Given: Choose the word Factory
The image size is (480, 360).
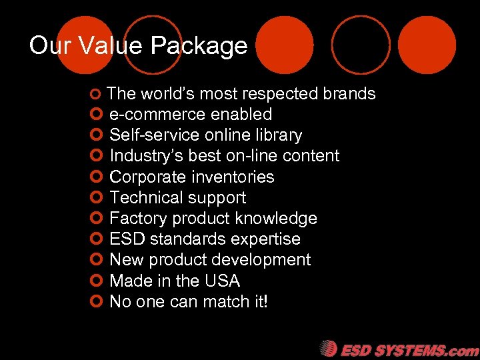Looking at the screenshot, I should pyautogui.click(x=137, y=218).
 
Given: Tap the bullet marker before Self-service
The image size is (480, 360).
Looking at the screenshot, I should pyautogui.click(x=95, y=135).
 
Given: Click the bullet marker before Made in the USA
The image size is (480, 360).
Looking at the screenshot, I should pyautogui.click(x=95, y=281).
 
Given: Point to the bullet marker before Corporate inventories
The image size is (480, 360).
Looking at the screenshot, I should pyautogui.click(x=95, y=177).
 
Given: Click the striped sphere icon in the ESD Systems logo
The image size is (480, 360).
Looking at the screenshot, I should pyautogui.click(x=328, y=349).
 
